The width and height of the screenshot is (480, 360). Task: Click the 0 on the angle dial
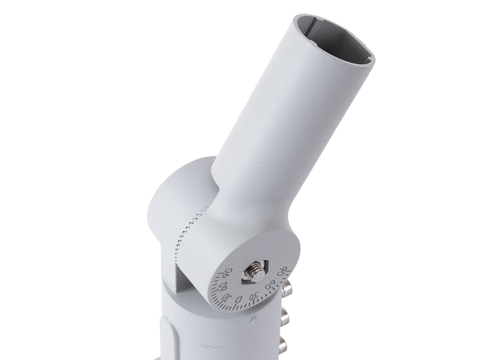coord(240,299)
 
